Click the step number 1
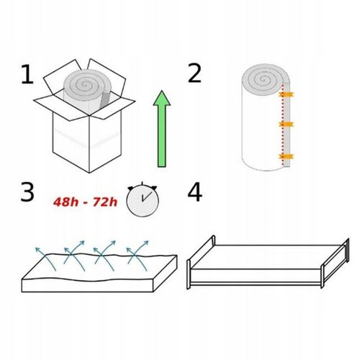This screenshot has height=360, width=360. click(x=27, y=74)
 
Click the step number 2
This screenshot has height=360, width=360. click(x=194, y=74)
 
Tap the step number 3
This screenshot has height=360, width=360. click(x=27, y=192)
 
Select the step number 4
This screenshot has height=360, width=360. click(x=194, y=192)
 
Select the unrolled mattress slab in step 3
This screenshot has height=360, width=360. click(x=97, y=274)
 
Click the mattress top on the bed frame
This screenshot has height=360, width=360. click(x=266, y=256)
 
